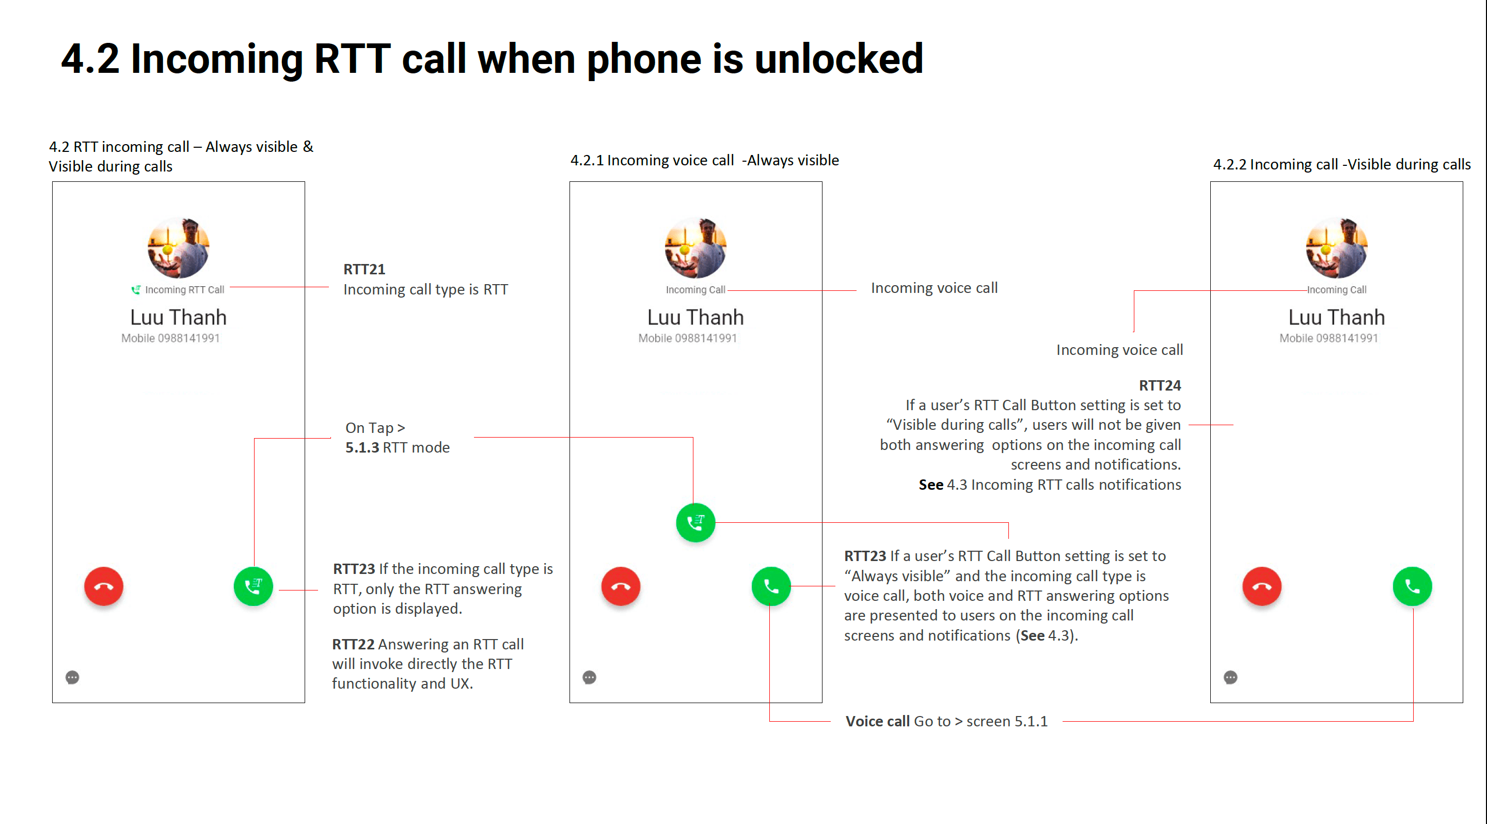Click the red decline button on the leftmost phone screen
[x=104, y=587]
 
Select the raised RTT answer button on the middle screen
[x=695, y=523]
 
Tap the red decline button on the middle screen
[x=621, y=587]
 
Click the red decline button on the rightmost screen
[x=1262, y=587]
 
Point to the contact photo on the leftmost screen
[x=178, y=248]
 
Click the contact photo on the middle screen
[x=695, y=248]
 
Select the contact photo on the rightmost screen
[x=1336, y=248]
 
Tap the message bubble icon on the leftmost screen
[x=72, y=677]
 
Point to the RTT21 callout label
[x=364, y=269]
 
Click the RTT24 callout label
[x=1160, y=385]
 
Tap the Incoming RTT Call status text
[x=184, y=290]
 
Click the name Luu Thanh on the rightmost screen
[x=1336, y=317]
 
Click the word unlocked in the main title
[x=839, y=59]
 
